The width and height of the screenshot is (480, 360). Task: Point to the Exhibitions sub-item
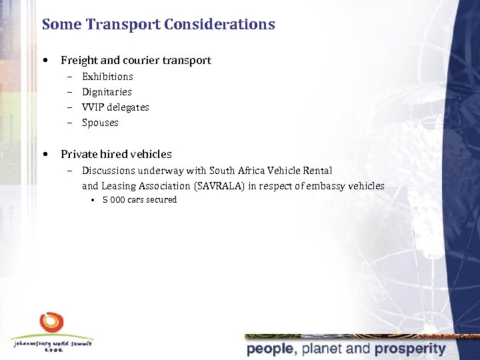point(107,77)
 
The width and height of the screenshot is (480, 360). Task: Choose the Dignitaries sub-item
point(107,92)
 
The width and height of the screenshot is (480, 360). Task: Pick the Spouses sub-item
point(100,123)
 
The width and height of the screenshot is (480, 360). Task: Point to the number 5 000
point(113,200)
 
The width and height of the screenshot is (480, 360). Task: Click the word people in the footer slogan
point(270,349)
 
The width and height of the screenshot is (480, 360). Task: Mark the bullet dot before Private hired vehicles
point(45,154)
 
